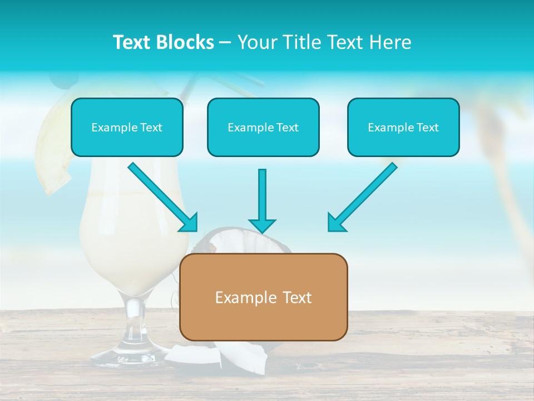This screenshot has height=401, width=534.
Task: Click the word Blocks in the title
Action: (x=186, y=42)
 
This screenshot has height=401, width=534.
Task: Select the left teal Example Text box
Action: (x=127, y=127)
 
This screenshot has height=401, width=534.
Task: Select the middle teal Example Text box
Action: (x=263, y=127)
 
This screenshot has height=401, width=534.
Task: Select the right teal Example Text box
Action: (x=403, y=127)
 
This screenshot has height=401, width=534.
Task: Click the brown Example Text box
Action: (x=263, y=297)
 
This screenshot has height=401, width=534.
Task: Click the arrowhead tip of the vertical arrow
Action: (x=262, y=231)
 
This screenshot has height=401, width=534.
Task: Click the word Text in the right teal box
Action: (x=428, y=127)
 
